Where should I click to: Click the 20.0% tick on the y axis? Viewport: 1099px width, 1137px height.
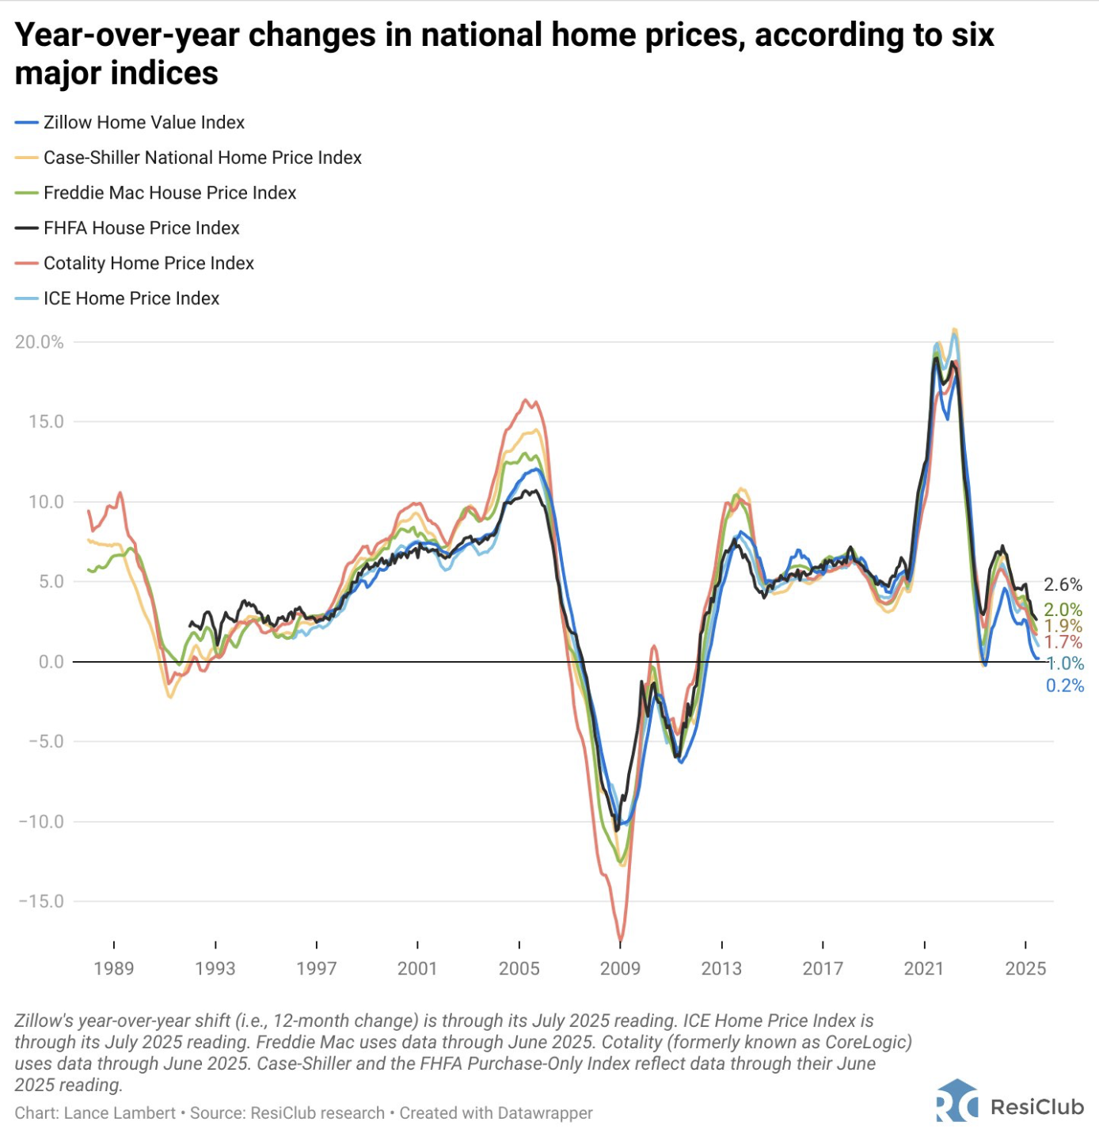(x=40, y=342)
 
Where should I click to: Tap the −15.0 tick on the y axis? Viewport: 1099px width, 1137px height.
(x=40, y=901)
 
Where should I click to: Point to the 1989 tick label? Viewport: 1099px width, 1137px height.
(x=114, y=968)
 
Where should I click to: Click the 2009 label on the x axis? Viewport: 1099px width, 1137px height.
(x=620, y=968)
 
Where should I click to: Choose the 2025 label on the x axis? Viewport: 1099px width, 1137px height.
(x=1025, y=968)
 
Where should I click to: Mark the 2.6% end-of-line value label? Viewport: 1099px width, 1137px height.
(x=1063, y=585)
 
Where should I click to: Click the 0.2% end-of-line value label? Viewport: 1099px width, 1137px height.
(x=1065, y=686)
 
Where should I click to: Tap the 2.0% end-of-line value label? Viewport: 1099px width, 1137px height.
(x=1063, y=610)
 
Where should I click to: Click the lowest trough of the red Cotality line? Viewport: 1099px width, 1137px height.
(x=620, y=940)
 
